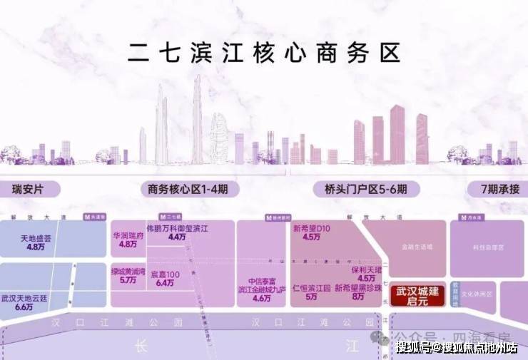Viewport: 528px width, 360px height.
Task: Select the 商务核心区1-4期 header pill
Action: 187,190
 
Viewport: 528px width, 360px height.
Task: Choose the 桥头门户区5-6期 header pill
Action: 360,190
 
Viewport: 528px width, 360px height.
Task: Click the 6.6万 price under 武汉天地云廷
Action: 24,307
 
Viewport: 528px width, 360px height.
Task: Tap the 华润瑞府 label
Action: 128,234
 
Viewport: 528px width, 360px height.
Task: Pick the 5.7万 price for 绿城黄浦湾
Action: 128,280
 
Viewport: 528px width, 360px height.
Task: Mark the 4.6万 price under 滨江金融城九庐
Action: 262,299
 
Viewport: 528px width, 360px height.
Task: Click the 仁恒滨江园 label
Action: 311,289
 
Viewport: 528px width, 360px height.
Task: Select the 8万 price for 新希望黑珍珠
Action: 357,297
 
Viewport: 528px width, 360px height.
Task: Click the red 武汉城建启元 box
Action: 416,294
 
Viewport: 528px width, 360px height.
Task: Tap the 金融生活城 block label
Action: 416,247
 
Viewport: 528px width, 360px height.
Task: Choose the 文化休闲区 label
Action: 477,294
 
